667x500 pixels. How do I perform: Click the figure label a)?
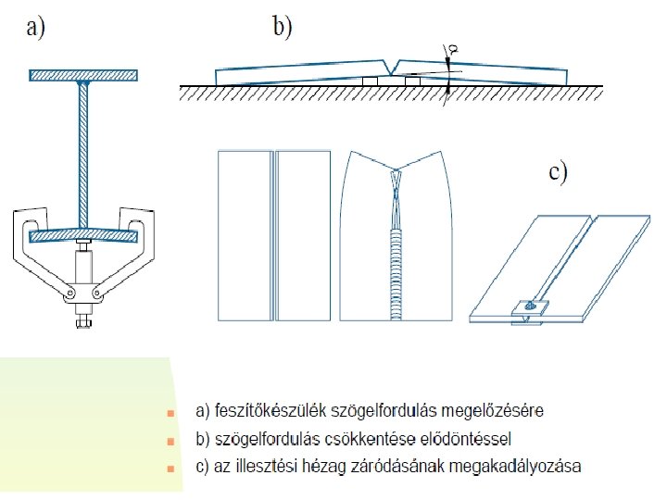(x=34, y=29)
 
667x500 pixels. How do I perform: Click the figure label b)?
(x=281, y=28)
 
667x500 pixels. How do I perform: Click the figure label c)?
(x=558, y=173)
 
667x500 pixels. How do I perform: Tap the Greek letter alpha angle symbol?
(x=451, y=47)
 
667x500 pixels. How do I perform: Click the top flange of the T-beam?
(x=83, y=74)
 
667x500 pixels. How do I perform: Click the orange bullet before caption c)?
(x=169, y=469)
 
